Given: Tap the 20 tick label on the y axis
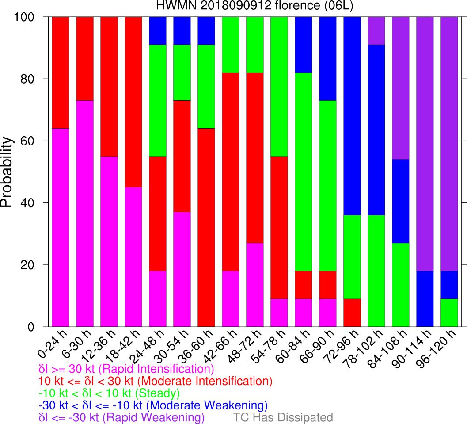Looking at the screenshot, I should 22,265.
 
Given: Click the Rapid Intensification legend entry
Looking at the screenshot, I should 126,369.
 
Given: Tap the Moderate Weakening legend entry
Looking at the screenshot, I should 153,405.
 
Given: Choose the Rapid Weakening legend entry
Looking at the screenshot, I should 121,417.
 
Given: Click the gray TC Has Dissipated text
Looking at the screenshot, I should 283,417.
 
